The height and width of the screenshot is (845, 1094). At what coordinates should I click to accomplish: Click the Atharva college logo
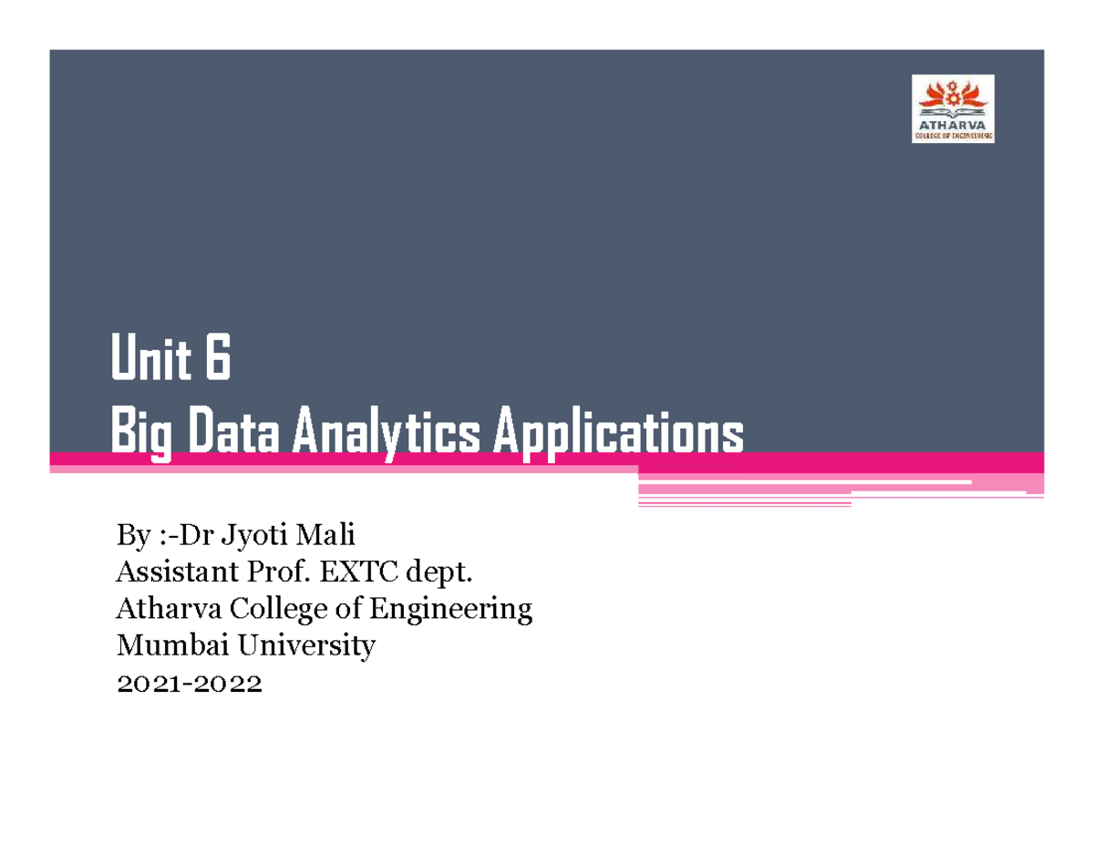[953, 108]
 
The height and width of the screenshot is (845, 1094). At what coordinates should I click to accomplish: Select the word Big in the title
[141, 436]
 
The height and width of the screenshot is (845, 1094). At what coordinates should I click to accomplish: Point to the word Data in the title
[232, 434]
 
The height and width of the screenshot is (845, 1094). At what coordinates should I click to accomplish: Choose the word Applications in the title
[617, 436]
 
